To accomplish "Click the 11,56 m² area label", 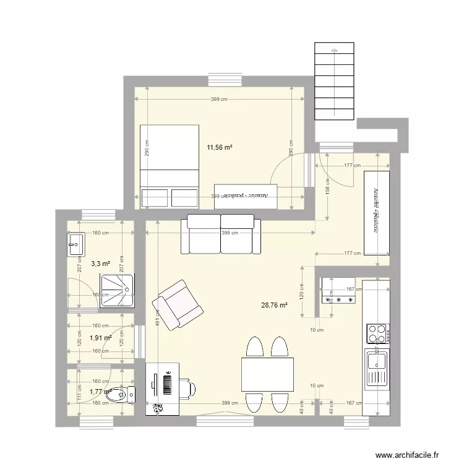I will tap(219, 147).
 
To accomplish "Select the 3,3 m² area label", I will tap(100, 264).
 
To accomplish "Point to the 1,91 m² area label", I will tap(100, 338).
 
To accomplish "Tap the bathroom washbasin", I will tap(75, 244).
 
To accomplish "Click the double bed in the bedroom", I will tap(169, 166).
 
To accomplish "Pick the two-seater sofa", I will tap(221, 234).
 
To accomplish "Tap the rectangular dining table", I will tap(267, 374).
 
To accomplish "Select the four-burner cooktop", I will tap(377, 333).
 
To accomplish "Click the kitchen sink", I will tap(376, 366).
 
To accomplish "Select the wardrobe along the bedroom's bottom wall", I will tap(246, 194).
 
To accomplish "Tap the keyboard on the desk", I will tap(167, 383).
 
